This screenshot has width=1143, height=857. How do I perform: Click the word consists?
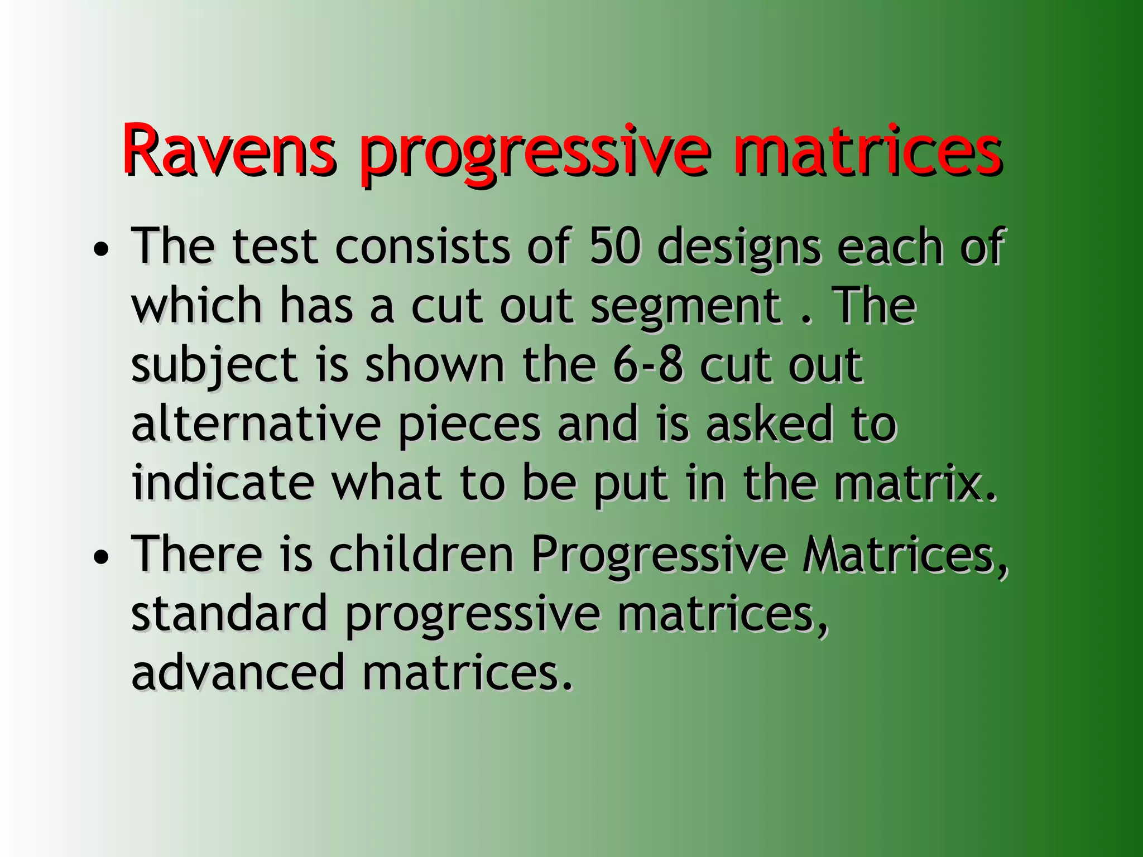tap(422, 247)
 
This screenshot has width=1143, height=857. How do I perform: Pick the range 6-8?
tap(647, 365)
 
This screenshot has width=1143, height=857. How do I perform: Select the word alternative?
tap(256, 425)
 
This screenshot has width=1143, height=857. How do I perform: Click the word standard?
tap(229, 614)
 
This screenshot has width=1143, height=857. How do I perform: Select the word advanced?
tap(238, 673)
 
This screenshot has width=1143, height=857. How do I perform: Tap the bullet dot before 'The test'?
tap(101, 251)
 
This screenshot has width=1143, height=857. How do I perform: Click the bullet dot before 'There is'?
tap(101, 557)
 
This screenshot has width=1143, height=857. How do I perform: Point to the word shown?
tap(435, 365)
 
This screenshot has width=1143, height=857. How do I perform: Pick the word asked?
tap(768, 425)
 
